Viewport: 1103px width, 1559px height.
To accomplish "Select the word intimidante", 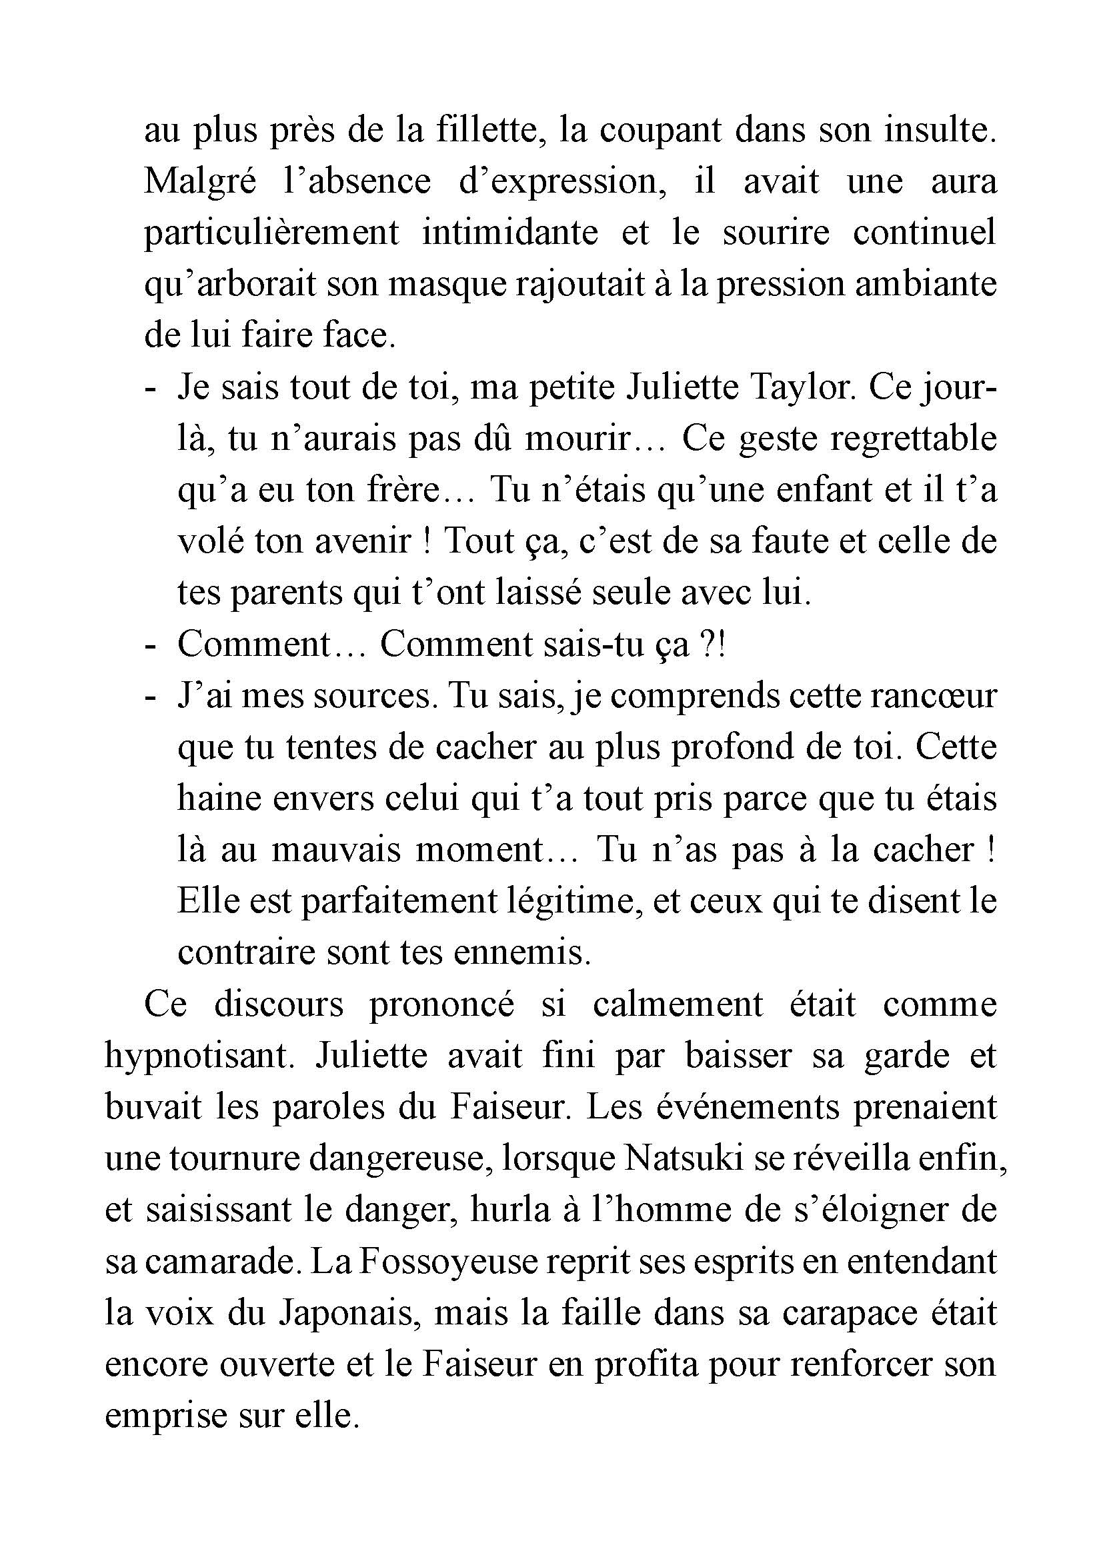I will [510, 232].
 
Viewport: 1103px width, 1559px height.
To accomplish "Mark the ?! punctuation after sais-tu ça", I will [712, 645].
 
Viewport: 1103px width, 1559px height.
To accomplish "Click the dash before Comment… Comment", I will [150, 645].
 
